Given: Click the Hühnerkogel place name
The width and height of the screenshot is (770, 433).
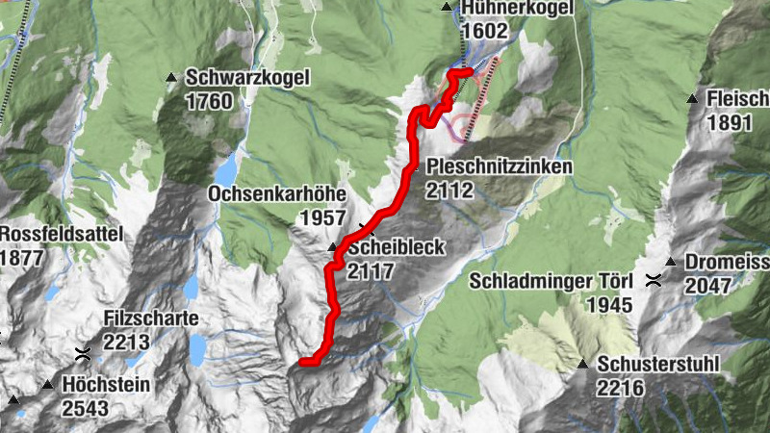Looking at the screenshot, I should tap(517, 9).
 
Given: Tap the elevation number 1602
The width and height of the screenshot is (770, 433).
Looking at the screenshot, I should tap(484, 32).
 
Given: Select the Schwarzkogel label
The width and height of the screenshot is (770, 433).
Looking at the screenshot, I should tap(247, 78).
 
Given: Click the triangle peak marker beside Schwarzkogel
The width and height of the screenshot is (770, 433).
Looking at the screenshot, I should tap(171, 78).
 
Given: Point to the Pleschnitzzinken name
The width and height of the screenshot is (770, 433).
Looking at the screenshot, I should tap(500, 167).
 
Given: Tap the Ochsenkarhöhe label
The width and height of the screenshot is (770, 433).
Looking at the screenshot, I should tap(277, 194).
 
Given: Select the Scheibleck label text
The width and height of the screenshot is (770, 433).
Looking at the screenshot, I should tap(397, 248).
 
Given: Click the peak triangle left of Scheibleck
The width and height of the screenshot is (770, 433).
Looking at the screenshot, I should tap(333, 248).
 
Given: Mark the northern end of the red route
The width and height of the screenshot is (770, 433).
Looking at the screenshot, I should tap(470, 71).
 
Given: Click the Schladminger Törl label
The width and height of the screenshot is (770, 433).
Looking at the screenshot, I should tap(552, 282).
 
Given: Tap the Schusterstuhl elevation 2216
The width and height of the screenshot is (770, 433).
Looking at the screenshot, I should tap(620, 389).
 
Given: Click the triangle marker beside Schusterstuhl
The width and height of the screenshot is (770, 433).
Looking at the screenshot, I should tap(583, 365).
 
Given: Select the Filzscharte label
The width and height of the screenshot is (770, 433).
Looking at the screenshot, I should tap(151, 318).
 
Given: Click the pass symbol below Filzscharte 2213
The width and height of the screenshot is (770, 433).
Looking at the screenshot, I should tap(83, 353).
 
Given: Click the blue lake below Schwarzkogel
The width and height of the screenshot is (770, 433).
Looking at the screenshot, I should tap(224, 171).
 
